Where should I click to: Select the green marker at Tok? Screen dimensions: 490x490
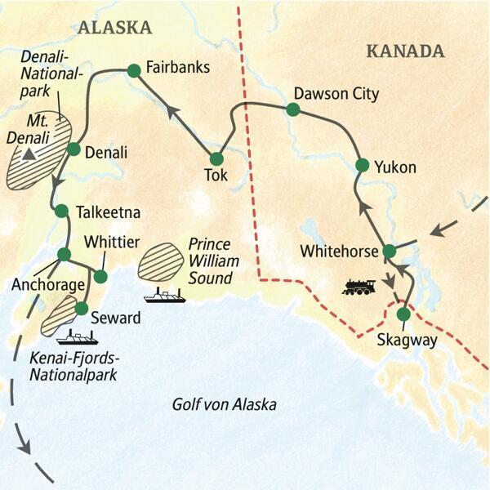(x=216, y=158)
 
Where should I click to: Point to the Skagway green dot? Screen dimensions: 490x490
(x=403, y=314)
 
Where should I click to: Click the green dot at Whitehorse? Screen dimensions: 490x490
(x=390, y=250)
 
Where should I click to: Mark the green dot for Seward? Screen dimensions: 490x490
(x=81, y=308)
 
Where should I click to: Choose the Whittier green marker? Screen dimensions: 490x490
(x=100, y=276)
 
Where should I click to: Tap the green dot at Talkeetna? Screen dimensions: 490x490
(x=61, y=211)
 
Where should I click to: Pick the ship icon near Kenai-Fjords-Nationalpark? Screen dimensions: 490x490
(x=78, y=336)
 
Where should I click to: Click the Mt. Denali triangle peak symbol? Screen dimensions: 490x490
(x=29, y=153)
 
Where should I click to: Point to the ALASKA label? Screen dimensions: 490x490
(x=114, y=28)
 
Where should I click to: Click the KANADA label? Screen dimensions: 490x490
(x=405, y=51)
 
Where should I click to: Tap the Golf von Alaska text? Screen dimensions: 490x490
(x=224, y=404)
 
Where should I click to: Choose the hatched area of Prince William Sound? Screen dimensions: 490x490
(x=161, y=261)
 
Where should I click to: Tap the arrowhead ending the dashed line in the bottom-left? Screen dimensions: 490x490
(x=24, y=448)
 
